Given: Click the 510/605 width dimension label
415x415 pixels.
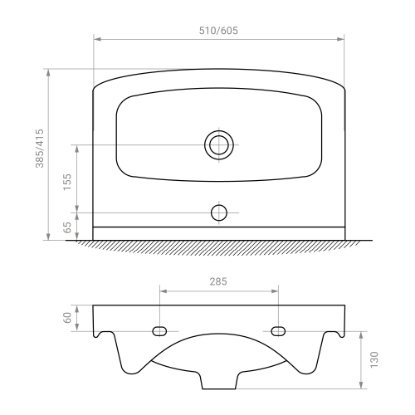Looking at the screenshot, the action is pos(218,31).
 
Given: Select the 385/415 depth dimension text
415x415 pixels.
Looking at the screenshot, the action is pos(40,149).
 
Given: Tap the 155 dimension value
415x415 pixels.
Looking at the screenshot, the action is pos(67,182).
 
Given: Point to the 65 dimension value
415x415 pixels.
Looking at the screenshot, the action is pos(67,227).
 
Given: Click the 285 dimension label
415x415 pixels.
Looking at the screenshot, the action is pos(218,281).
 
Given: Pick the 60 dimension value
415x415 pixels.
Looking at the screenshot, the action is pos(67,318).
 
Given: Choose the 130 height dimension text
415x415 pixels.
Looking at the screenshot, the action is pos(373,359).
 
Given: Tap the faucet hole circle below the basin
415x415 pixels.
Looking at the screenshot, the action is pos(219,205).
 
